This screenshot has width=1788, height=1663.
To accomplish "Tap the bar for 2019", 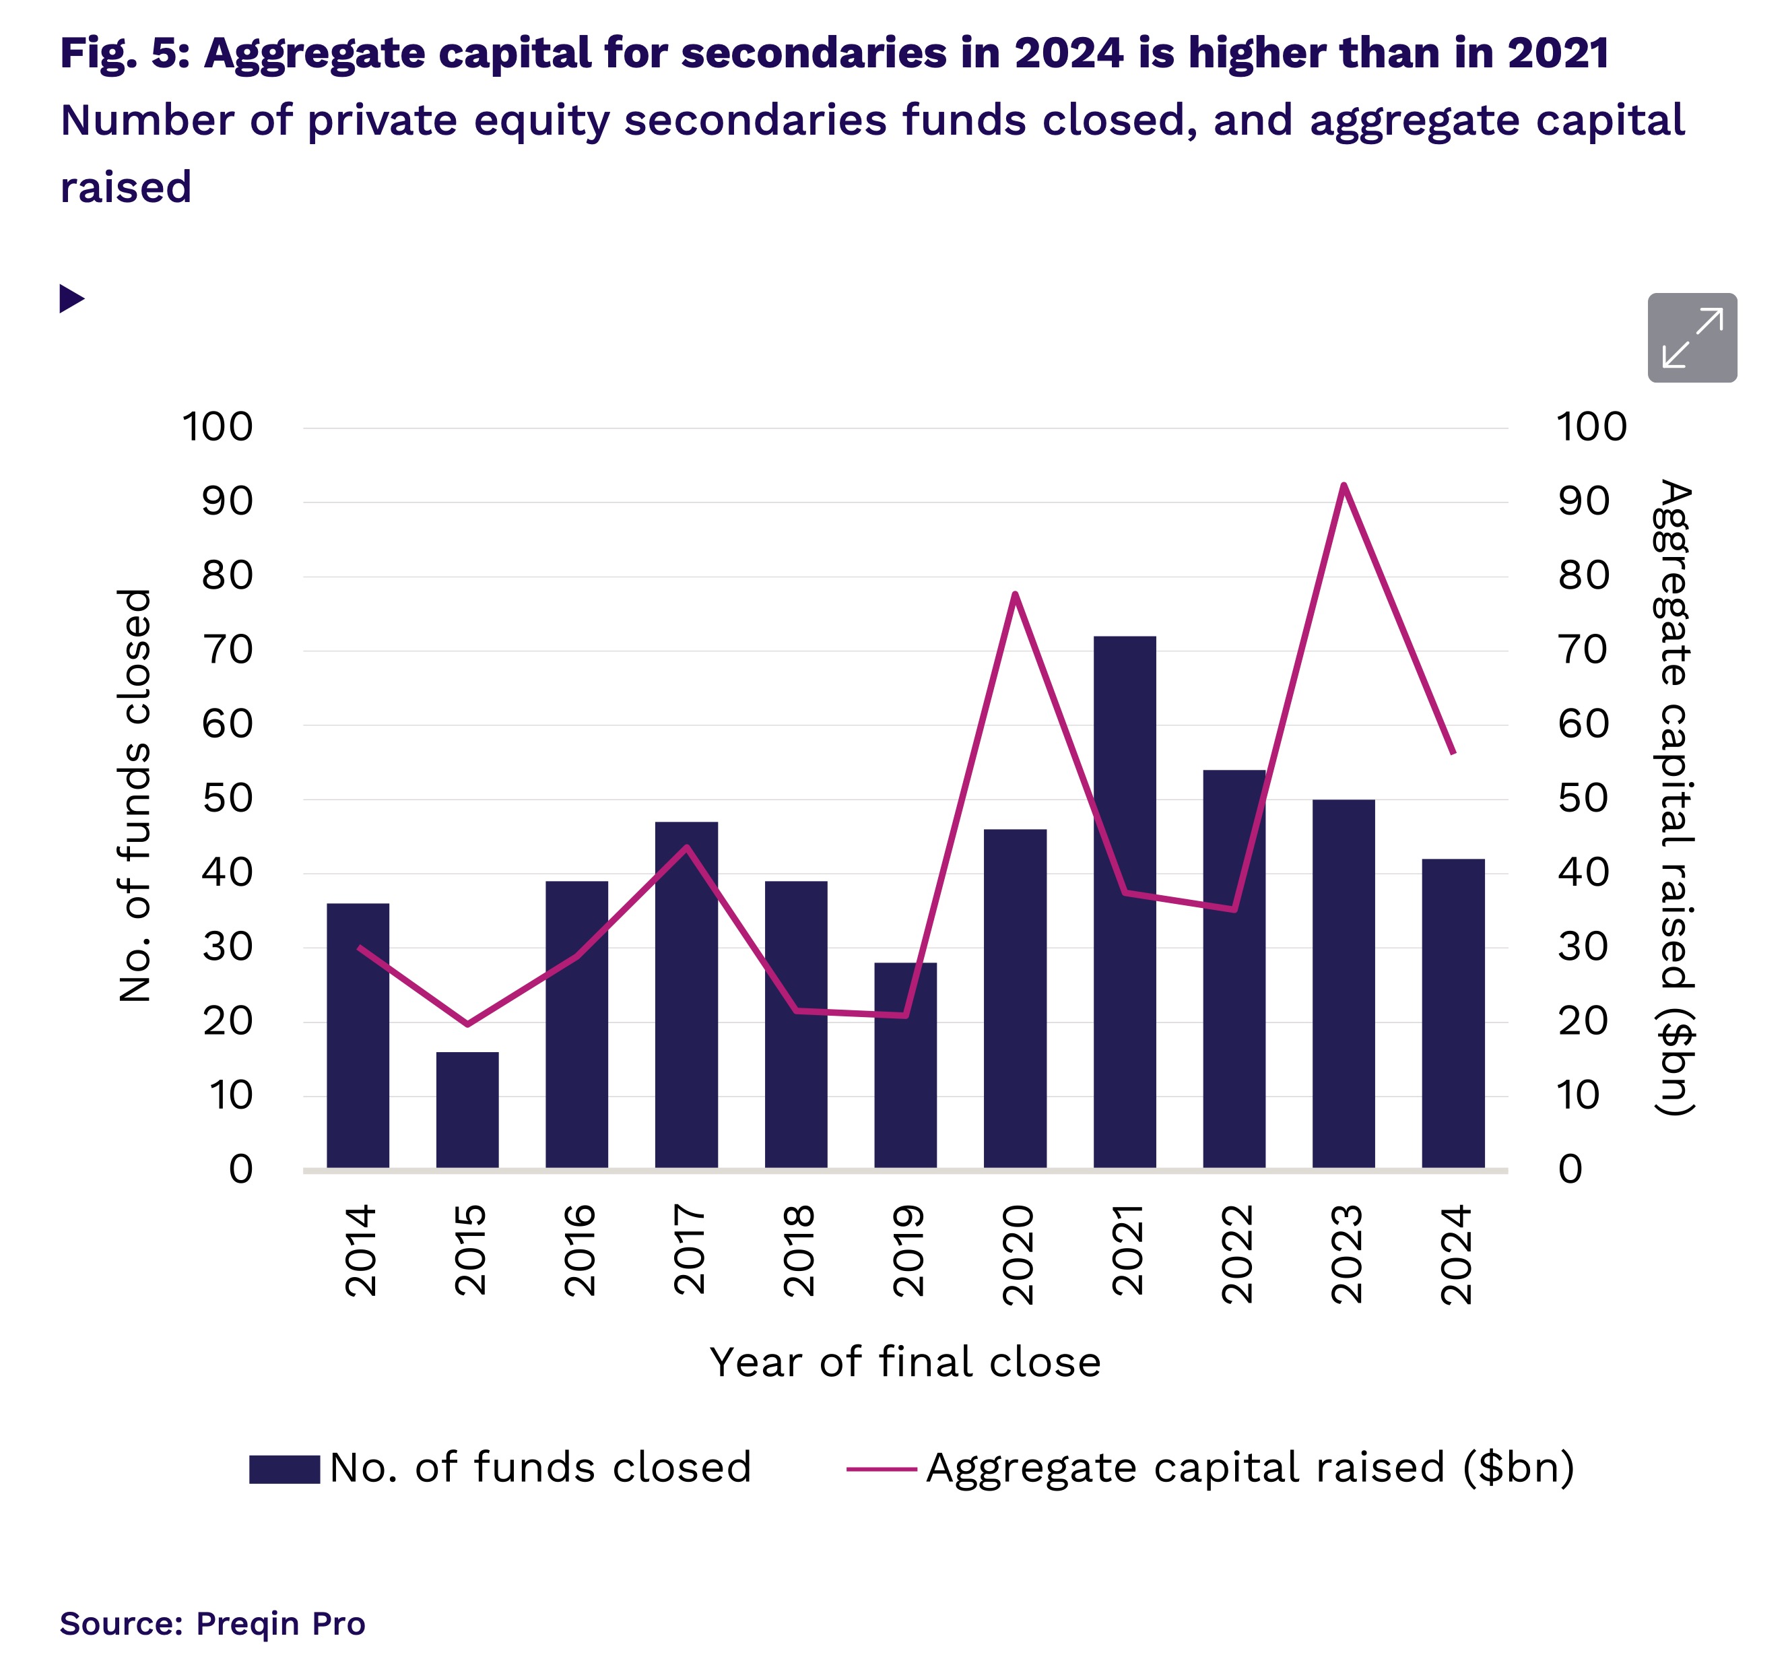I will [x=905, y=1065].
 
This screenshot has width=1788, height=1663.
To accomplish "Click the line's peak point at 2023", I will [x=1343, y=486].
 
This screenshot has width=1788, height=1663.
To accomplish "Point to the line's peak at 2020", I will [x=1014, y=595].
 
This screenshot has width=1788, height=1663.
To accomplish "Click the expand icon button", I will [x=1691, y=337].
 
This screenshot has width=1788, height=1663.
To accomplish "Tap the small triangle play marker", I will [x=71, y=298].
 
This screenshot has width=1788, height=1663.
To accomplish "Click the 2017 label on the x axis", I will [x=689, y=1249].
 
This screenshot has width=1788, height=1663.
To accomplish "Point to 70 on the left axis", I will [x=228, y=650].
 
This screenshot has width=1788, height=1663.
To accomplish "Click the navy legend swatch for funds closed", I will [x=284, y=1469].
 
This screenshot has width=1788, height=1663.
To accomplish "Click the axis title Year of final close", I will [x=905, y=1363].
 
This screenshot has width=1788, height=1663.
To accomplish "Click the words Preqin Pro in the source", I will [x=281, y=1623].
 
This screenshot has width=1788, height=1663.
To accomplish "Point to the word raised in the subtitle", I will [x=126, y=188].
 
